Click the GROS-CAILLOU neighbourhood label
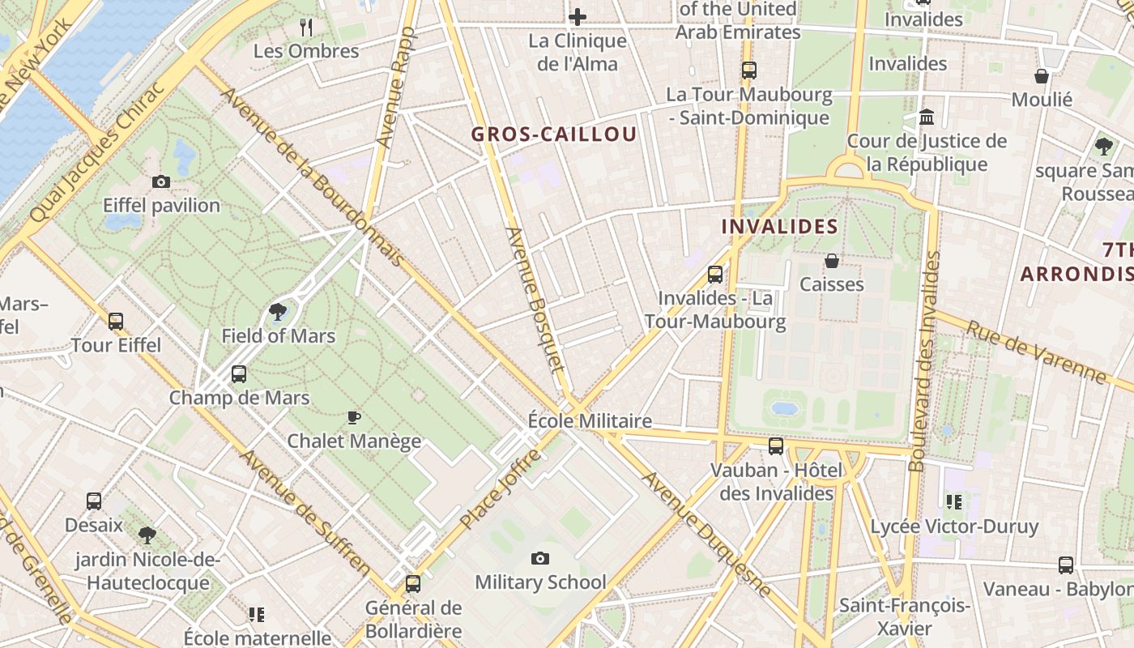[x=554, y=134]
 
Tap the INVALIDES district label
[x=779, y=227]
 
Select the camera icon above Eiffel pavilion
[x=161, y=182]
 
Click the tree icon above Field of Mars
[x=278, y=312]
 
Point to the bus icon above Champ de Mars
[x=238, y=374]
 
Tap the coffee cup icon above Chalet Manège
[x=354, y=418]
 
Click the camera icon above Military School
[x=540, y=558]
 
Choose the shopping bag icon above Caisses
[x=831, y=261]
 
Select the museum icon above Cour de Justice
[x=927, y=118]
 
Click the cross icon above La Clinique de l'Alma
[x=578, y=16]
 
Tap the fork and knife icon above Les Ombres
[x=306, y=28]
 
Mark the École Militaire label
[x=590, y=421]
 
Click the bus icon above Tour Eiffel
[x=116, y=322]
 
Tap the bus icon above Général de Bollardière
[x=413, y=583]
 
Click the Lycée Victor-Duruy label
[x=953, y=526]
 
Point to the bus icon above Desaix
[x=94, y=501]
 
